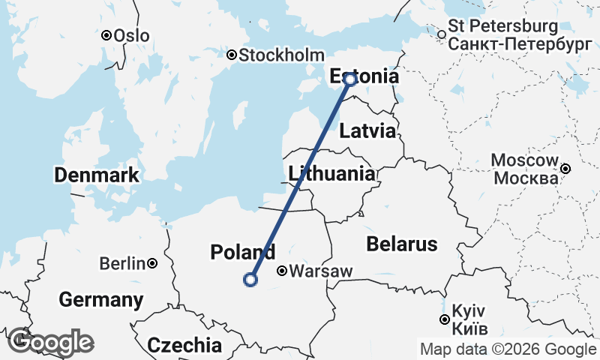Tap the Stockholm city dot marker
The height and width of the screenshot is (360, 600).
click(x=232, y=55)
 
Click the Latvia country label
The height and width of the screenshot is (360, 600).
click(x=367, y=131)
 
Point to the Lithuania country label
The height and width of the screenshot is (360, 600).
click(x=331, y=174)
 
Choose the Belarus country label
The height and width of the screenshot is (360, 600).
click(x=401, y=244)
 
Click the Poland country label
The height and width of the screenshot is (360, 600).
click(x=242, y=252)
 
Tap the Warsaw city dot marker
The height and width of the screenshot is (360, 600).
click(x=282, y=271)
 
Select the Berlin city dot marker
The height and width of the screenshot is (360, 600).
click(x=152, y=263)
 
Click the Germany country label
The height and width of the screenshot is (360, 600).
click(x=100, y=301)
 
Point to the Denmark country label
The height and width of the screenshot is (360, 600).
click(x=96, y=176)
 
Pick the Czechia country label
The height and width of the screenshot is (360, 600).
click(x=184, y=345)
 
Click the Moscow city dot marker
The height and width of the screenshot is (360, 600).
click(x=566, y=169)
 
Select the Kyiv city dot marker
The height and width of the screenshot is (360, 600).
click(x=445, y=320)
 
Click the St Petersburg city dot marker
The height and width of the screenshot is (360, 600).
click(x=442, y=34)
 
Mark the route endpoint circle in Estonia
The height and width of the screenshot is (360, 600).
click(x=349, y=79)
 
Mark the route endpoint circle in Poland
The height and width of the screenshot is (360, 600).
click(x=250, y=280)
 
